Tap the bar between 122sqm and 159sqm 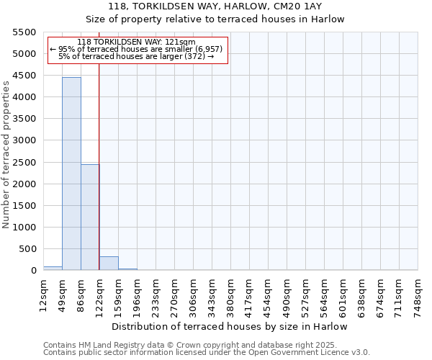(x=109, y=263)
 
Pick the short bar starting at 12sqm (x=53, y=268)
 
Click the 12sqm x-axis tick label (x=44, y=292)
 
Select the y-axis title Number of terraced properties (x=6, y=155)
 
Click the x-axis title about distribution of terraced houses (x=230, y=326)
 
